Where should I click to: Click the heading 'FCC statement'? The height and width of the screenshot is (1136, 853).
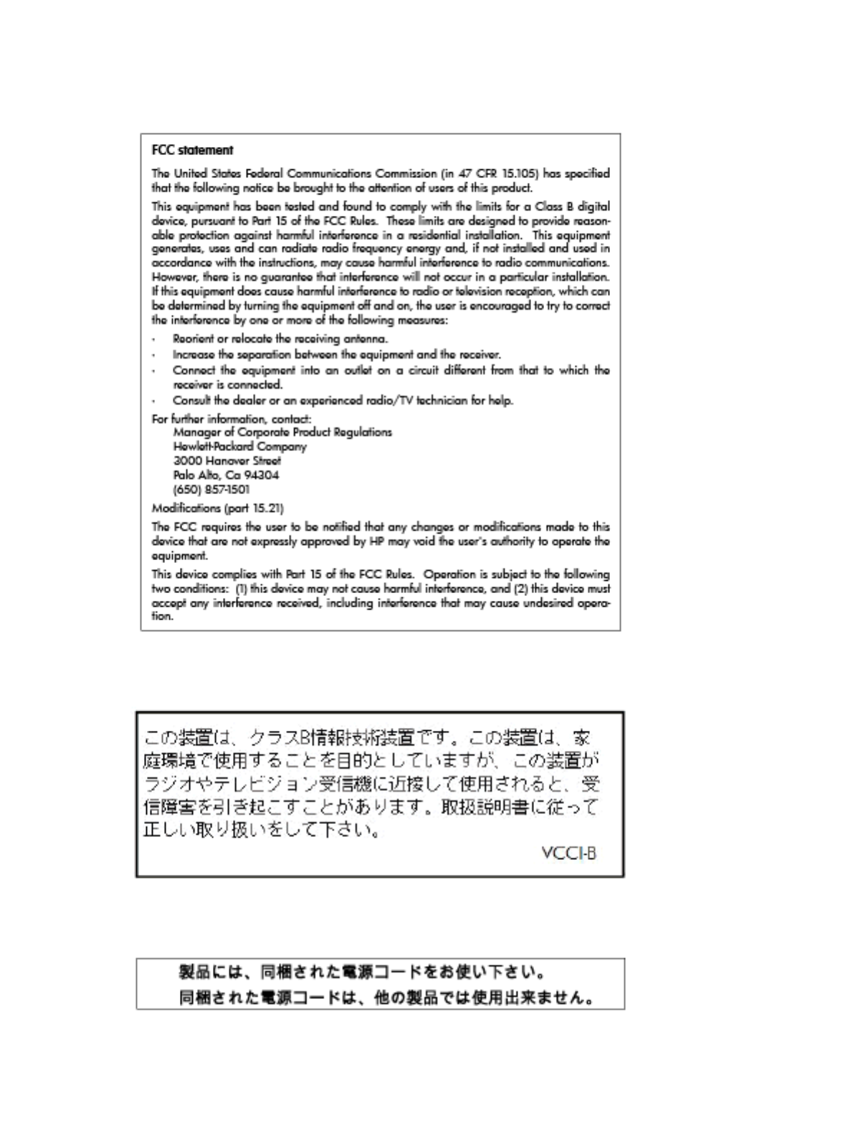coord(192,151)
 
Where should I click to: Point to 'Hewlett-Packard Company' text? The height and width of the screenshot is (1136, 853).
coord(239,446)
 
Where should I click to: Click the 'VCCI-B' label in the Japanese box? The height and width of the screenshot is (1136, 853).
coord(569,853)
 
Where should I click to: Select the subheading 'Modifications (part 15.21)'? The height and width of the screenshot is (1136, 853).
coord(217,508)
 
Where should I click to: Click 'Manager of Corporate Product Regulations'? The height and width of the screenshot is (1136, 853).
coord(282,432)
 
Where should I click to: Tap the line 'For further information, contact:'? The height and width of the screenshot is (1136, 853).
coord(231,419)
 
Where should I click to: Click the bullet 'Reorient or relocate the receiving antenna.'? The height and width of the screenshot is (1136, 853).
coord(280,339)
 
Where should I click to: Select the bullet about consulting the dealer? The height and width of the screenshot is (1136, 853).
coord(342,400)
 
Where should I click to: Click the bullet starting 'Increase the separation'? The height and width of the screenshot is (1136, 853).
coord(336,354)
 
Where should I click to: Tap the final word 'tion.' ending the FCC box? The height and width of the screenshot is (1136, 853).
coord(163,617)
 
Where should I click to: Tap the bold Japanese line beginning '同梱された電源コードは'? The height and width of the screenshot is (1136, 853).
coord(386,998)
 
